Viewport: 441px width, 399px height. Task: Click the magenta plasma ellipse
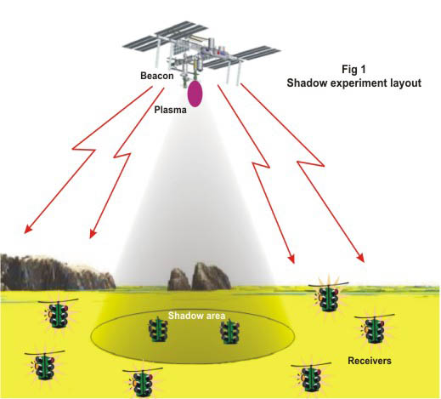coord(195,94)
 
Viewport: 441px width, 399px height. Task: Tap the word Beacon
coord(157,76)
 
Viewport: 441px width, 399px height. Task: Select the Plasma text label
coord(170,110)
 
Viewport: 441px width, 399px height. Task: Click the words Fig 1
coord(353,70)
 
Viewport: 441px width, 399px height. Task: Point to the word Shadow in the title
coord(306,83)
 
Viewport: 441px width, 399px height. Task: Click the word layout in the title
coord(405,83)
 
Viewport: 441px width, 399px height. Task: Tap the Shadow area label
coord(196,316)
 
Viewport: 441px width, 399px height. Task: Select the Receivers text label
coord(370,361)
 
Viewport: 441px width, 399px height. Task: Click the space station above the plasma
coord(201,53)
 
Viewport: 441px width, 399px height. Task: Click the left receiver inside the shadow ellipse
coord(158,330)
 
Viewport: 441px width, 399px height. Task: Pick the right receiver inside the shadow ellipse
coord(230,332)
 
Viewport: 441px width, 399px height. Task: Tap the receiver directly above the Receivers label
coord(374,329)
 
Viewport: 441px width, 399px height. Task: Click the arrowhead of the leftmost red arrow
coord(27,230)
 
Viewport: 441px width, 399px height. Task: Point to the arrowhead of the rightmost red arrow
coord(361,258)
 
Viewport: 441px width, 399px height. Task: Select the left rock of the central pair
coord(178,279)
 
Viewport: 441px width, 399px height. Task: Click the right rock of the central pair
coord(210,276)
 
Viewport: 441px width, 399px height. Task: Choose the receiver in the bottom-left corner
coord(44,367)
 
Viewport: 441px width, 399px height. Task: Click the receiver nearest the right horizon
coord(329,298)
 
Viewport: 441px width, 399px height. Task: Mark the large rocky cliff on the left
coord(57,272)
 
